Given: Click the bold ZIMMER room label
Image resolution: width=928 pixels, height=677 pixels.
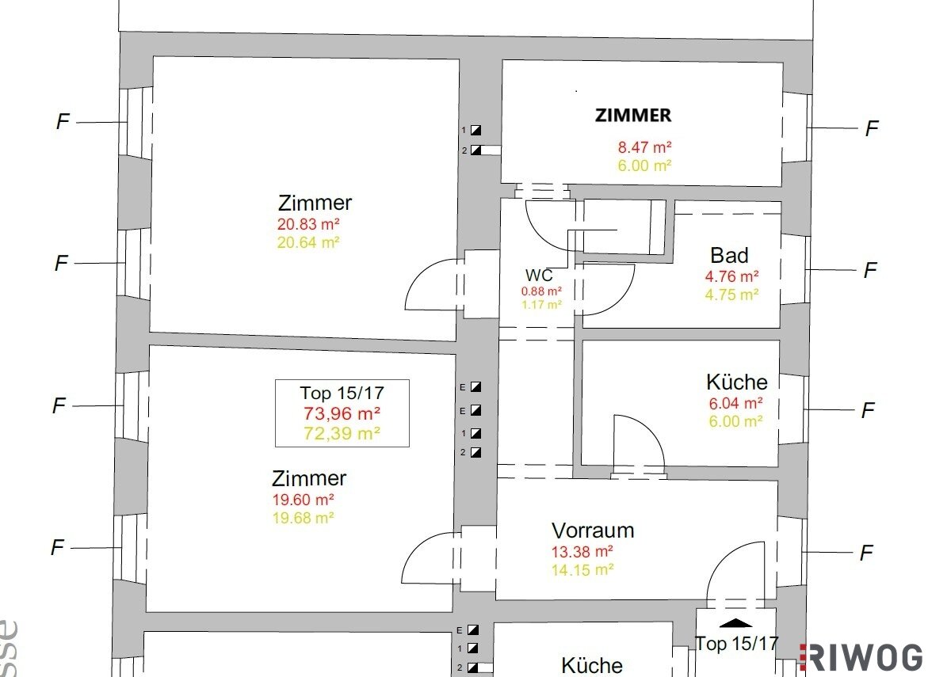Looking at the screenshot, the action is tap(633, 115).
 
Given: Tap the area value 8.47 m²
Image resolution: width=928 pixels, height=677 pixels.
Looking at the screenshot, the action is tap(644, 146).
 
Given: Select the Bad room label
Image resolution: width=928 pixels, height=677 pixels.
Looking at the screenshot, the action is tap(729, 256).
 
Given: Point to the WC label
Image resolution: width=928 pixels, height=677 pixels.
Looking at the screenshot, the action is tap(539, 275).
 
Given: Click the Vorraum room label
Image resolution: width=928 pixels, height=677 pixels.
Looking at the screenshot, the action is tap(593, 531).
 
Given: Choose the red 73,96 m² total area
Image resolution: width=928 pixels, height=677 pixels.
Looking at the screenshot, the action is tap(342, 413).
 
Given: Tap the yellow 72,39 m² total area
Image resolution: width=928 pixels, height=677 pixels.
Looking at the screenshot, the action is tap(342, 433).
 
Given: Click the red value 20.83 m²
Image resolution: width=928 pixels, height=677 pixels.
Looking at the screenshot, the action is tap(307, 224).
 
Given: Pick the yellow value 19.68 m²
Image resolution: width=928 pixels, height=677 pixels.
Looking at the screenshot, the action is tap(303, 518).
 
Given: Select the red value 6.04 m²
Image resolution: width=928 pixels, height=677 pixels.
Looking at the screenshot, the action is tap(735, 403).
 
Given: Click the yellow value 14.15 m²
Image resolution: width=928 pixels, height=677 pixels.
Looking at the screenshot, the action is tap(582, 570).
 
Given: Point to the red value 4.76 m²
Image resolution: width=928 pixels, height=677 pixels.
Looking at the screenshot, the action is tap(731, 276).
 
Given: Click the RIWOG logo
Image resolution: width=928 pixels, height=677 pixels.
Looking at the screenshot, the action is tap(861, 658).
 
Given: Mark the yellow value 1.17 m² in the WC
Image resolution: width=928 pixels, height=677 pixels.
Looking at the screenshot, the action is tap(541, 305).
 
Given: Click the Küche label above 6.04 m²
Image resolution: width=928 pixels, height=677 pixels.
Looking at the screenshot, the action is tap(737, 382).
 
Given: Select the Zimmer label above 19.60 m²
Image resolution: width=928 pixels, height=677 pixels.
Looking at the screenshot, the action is tap(309, 478).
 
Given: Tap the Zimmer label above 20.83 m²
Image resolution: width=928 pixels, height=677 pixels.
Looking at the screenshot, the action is tap(315, 203).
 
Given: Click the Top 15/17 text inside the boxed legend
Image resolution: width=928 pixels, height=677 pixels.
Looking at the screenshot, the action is tap(342, 393).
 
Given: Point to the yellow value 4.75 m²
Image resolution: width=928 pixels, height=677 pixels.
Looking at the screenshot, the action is tap(731, 295).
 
